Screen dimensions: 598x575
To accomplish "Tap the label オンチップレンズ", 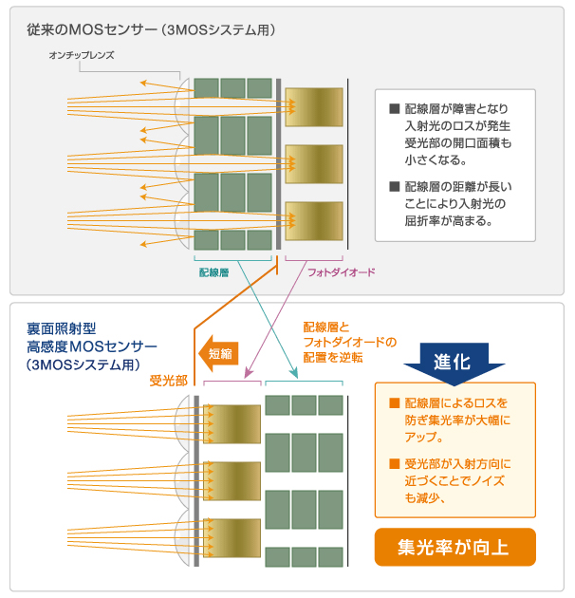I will click(82, 56).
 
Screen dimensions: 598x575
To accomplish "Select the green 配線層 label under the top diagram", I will click(214, 271).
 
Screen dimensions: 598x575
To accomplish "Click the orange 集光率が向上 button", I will click(455, 546).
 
